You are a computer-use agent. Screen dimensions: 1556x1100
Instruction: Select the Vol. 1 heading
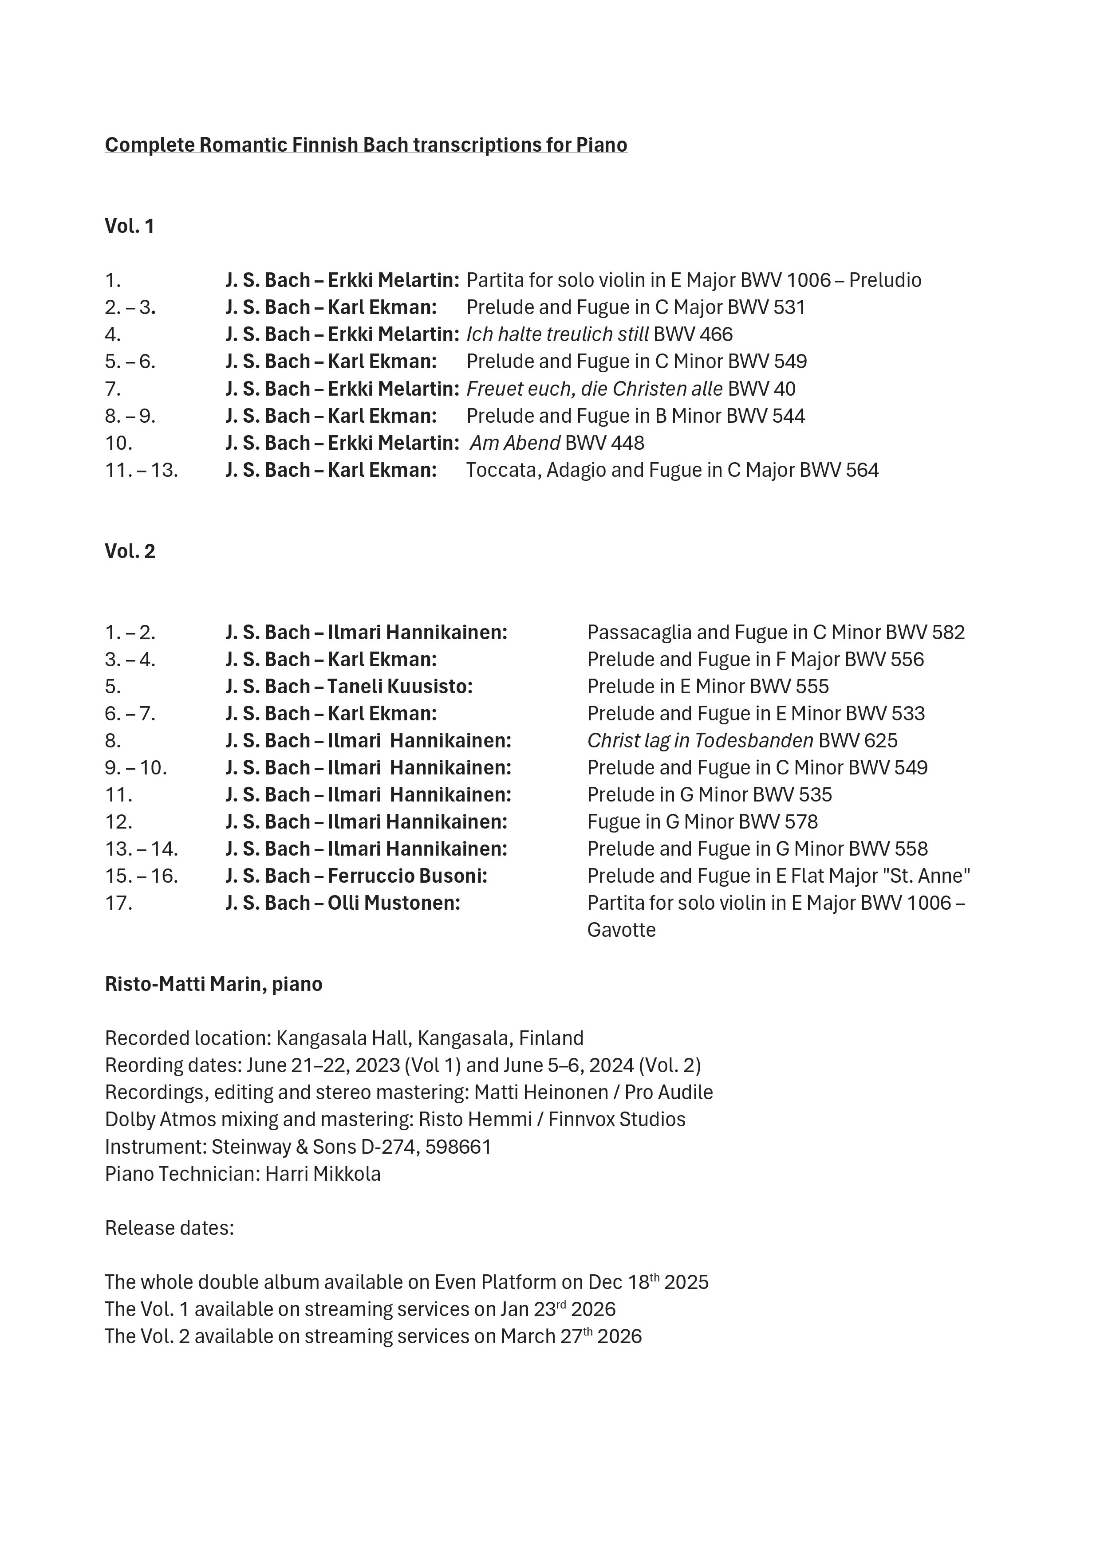pos(130,226)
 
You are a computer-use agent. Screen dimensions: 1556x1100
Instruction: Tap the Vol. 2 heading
pos(130,551)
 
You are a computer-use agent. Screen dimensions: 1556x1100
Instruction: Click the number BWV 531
pos(766,308)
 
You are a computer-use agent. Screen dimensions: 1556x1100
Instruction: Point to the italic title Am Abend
pos(515,443)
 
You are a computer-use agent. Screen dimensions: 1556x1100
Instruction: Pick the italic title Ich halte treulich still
pos(557,335)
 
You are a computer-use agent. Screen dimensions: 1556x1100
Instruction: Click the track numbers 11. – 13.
pos(141,470)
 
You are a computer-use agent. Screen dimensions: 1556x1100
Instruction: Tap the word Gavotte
pos(622,930)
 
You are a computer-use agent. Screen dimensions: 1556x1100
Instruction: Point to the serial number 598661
pos(458,1147)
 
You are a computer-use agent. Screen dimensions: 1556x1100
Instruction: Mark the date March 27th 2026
pos(571,1336)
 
